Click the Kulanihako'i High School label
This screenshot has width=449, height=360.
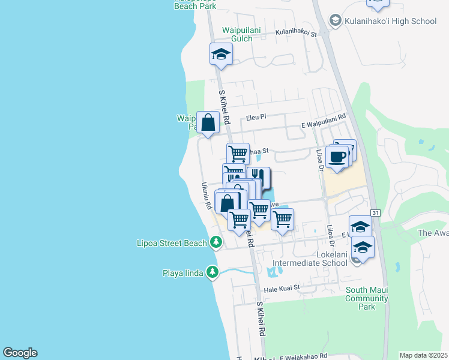tap(391, 22)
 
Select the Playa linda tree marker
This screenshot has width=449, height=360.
tap(212, 273)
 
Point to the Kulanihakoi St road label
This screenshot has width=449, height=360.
tap(296, 34)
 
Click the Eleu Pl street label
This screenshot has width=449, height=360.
tap(255, 118)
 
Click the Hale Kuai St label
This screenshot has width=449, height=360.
tap(282, 289)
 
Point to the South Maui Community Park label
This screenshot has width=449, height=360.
tap(366, 298)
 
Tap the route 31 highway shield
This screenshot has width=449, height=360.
tap(375, 213)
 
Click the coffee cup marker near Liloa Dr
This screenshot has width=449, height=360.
tap(337, 157)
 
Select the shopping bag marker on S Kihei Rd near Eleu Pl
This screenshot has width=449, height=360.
tap(208, 123)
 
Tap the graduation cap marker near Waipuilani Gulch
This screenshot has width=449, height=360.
tap(221, 55)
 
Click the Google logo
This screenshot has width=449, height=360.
tap(20, 353)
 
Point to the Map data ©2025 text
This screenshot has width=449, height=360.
tap(423, 355)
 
